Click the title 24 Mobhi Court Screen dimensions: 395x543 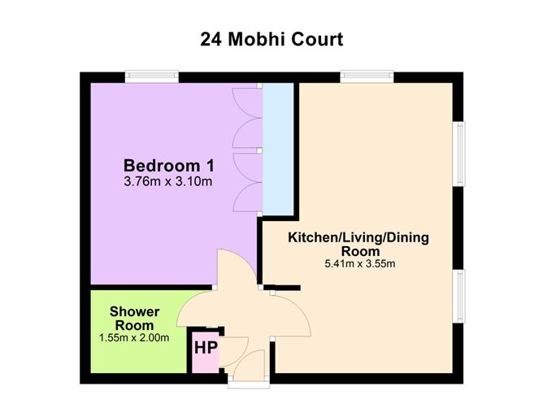coord(271,38)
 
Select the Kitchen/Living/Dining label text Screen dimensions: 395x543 coord(358,238)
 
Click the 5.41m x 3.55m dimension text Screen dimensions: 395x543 coord(358,264)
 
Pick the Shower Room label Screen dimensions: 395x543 coord(134,318)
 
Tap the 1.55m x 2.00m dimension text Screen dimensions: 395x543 coord(134,337)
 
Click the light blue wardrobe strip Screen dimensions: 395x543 coord(277,146)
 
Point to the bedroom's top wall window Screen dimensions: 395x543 coord(153,76)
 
